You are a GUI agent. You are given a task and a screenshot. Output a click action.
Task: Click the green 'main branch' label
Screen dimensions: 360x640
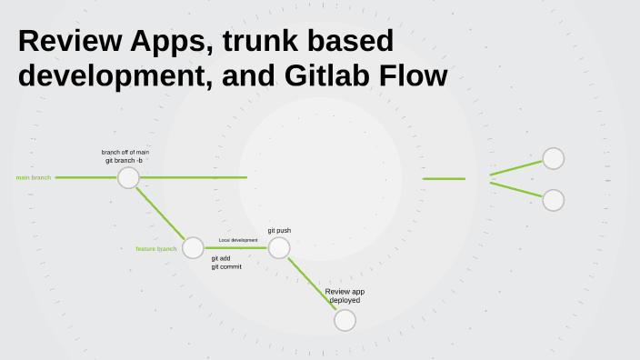coord(34,177)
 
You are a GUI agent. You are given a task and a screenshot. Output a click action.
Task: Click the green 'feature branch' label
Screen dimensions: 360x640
coord(156,248)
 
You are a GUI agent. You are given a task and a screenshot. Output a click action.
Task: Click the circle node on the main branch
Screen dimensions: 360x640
coord(128,177)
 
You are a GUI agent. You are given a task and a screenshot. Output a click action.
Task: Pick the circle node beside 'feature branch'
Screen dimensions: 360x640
coord(193,247)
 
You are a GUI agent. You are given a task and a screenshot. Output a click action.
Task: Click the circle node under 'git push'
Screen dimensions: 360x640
coord(279,247)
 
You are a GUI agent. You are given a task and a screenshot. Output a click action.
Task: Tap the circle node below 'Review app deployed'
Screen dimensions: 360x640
coord(345,320)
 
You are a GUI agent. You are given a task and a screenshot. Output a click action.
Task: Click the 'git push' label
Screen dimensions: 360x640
coord(279,231)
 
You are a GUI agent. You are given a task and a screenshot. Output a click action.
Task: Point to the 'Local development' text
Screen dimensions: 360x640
coord(238,240)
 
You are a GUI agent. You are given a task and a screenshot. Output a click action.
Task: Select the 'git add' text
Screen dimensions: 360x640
coord(221,258)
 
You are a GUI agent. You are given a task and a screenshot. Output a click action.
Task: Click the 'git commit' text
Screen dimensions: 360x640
coord(226,266)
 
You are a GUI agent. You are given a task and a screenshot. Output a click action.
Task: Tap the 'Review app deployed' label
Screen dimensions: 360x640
coord(345,295)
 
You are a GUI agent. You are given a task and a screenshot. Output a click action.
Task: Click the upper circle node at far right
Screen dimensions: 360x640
coord(553,158)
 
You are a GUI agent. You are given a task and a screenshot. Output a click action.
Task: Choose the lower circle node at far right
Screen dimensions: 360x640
coord(553,200)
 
